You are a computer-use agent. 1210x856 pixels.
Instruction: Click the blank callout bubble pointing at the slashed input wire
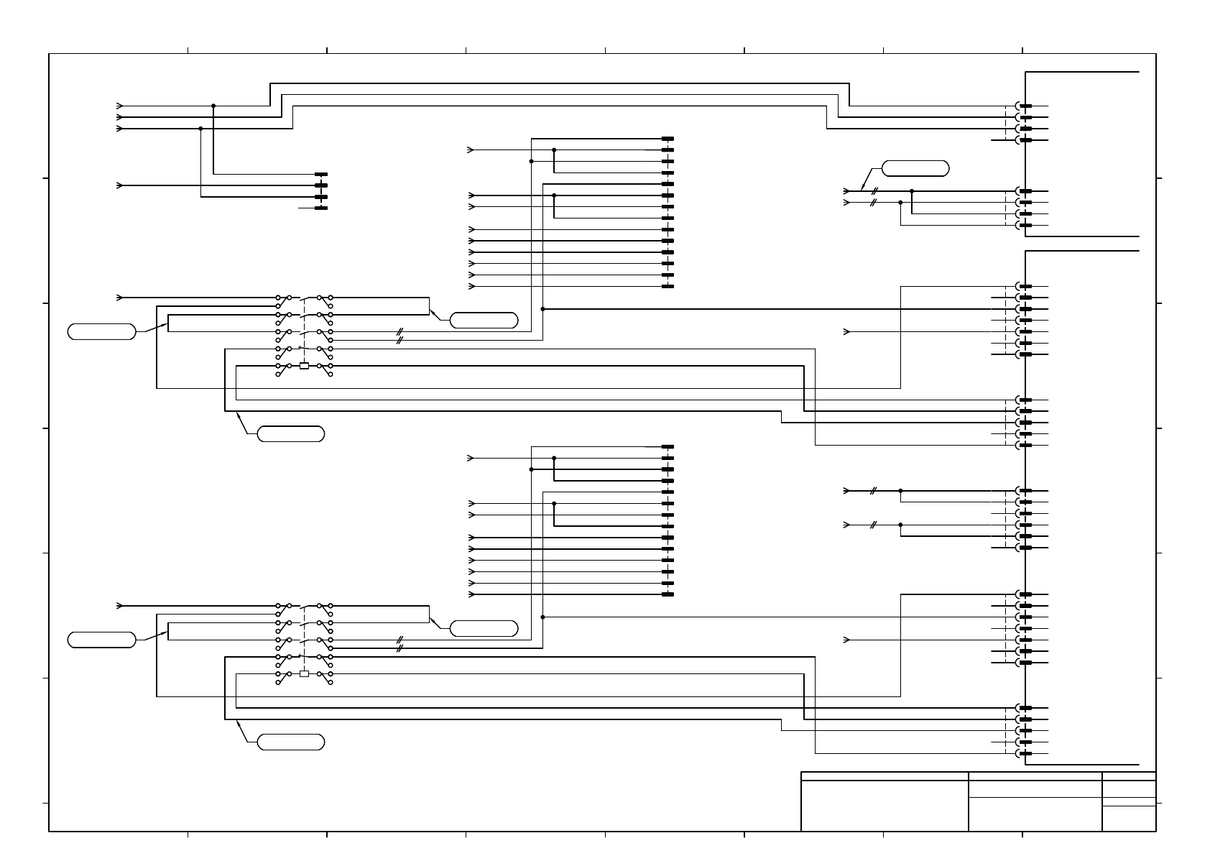(915, 169)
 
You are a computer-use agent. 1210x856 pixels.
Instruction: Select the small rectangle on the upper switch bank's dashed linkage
(304, 366)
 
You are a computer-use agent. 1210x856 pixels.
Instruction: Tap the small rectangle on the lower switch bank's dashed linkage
(304, 673)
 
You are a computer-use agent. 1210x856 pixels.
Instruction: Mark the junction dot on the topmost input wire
(213, 106)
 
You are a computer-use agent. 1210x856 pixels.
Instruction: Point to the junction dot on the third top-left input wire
(200, 129)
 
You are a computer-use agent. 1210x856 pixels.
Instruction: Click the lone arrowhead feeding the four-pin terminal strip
(119, 185)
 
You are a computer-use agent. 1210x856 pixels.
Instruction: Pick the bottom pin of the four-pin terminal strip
(321, 208)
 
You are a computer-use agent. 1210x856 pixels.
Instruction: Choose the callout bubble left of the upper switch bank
(101, 331)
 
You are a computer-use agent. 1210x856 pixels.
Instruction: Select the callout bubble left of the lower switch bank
(101, 640)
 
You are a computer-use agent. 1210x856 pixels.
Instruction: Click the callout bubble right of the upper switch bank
(484, 321)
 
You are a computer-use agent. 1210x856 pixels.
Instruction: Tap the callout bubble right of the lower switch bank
(484, 628)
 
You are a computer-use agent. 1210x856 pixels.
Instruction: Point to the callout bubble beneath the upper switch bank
(291, 434)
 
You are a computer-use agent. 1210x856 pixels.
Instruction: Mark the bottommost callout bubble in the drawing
(291, 742)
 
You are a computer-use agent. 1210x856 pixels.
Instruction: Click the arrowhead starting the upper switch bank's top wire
(119, 298)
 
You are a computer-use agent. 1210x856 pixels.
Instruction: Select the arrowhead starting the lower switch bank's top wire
(119, 606)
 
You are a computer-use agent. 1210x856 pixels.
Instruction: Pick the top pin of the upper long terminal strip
(668, 139)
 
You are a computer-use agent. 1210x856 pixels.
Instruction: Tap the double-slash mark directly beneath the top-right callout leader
(874, 192)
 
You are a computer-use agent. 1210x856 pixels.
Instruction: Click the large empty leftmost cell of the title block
(884, 806)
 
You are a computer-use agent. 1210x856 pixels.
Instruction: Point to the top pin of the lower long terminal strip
(668, 447)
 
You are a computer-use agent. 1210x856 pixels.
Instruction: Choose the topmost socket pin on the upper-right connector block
(1025, 106)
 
